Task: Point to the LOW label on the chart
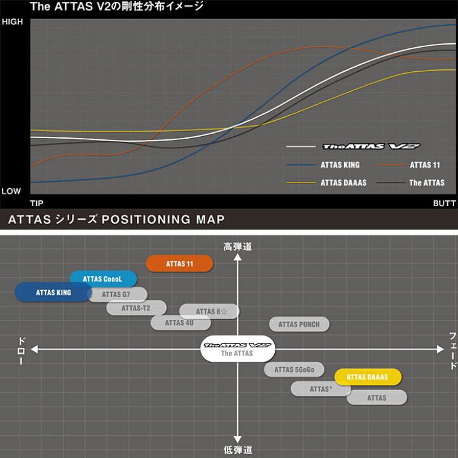(x=11, y=191)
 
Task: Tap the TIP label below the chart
(x=37, y=203)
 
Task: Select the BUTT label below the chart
(x=443, y=203)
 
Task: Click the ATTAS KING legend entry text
(x=340, y=165)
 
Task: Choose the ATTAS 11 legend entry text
(x=425, y=165)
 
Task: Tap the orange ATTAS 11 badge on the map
(x=179, y=263)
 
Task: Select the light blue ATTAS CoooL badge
(x=103, y=279)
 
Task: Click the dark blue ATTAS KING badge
(x=53, y=293)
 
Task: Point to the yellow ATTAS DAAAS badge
(x=368, y=377)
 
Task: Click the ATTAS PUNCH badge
(x=299, y=324)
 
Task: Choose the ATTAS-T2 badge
(x=136, y=309)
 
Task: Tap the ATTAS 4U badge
(x=180, y=323)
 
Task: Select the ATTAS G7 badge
(x=117, y=295)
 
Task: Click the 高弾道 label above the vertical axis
(x=237, y=246)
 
